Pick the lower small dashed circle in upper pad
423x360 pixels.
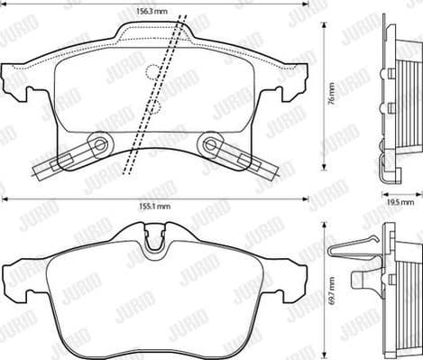click(x=154, y=108)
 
